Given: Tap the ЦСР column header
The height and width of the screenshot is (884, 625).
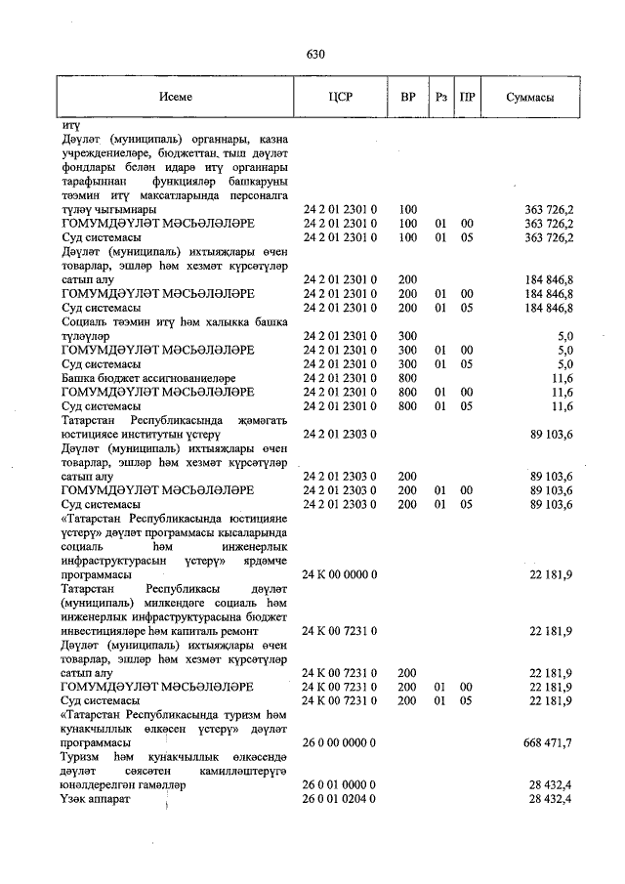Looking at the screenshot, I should (341, 98).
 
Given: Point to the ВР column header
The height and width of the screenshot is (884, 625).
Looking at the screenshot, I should (408, 98).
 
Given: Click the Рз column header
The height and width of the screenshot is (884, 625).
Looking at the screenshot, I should (441, 98).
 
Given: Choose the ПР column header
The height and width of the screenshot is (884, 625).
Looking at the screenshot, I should (468, 98).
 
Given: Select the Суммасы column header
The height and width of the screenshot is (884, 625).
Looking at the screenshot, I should (531, 98).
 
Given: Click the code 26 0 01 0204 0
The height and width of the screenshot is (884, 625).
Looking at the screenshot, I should (340, 799).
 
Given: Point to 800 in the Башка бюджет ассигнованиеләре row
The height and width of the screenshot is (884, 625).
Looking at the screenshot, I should (408, 378).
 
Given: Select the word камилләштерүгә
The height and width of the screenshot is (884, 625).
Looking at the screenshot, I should (241, 771).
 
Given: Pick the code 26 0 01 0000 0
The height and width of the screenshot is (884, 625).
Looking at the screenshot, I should (340, 784).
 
